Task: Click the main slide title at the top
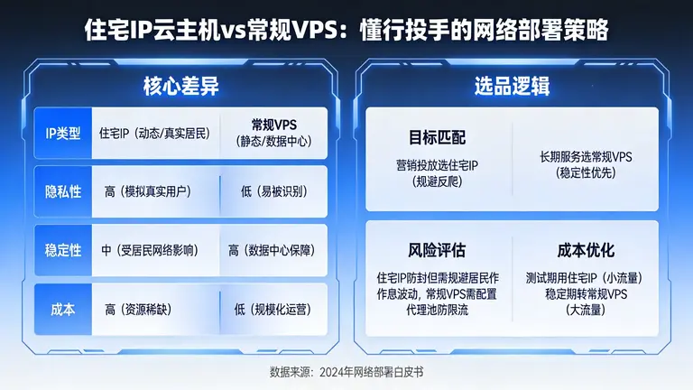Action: pos(346,31)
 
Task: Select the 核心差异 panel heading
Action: pos(180,87)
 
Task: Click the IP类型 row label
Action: pos(63,134)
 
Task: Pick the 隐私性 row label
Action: pos(63,192)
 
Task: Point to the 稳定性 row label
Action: pos(63,250)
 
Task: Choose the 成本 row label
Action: pos(63,309)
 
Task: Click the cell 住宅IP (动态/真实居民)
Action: pos(153,134)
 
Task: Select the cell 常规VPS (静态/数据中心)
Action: pos(273,133)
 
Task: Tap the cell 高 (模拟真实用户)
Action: pos(153,192)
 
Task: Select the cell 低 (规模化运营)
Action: pos(272,309)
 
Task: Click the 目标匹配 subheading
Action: pos(437,138)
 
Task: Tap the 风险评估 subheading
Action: pos(437,249)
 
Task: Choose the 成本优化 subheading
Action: pos(586,249)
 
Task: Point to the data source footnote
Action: pos(346,372)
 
